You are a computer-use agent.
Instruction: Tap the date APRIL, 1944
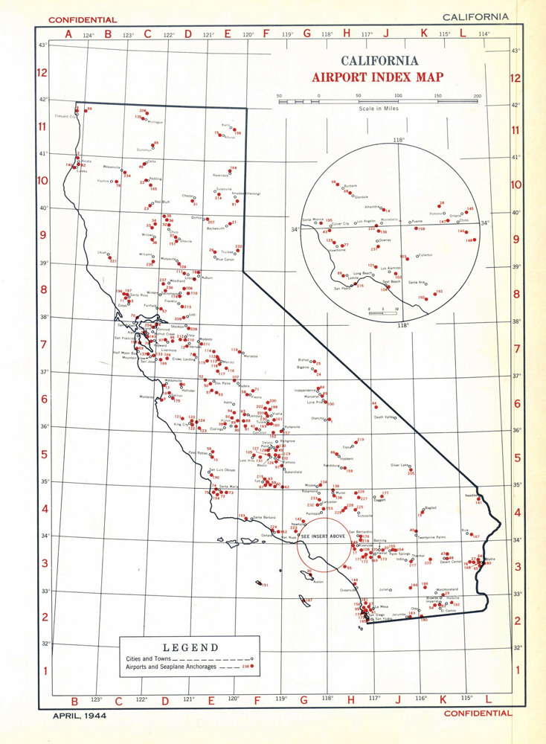81,716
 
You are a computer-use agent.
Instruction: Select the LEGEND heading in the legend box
190,647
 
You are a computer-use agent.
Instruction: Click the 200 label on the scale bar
476,96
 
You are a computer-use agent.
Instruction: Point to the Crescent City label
68,117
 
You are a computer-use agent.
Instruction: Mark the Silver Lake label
400,465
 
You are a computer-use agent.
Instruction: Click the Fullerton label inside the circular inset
425,254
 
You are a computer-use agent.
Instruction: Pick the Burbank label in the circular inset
352,186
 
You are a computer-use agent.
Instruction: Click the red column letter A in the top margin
68,33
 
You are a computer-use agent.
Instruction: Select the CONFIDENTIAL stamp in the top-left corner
83,19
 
